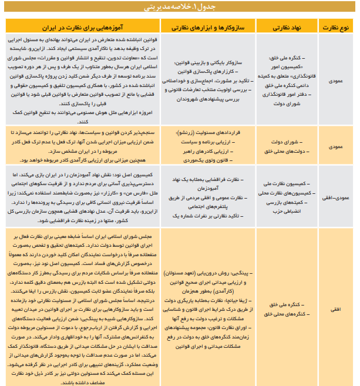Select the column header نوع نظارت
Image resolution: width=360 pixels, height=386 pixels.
point(336,27)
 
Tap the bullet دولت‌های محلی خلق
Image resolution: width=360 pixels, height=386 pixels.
point(287,150)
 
